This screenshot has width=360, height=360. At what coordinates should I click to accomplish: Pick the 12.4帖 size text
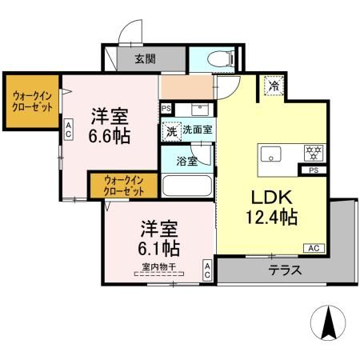[x=271, y=217]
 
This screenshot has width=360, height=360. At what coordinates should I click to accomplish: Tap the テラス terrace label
[x=285, y=270]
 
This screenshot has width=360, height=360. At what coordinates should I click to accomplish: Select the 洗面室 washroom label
[x=197, y=129]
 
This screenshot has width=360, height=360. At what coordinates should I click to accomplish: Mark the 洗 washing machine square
[x=170, y=130]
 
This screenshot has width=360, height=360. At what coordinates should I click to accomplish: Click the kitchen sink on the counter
[x=269, y=153]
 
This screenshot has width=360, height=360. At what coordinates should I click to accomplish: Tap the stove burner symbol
[x=311, y=152]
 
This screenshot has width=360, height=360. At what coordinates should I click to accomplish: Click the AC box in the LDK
[x=314, y=248]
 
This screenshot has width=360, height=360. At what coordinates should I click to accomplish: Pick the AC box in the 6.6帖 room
[x=69, y=129]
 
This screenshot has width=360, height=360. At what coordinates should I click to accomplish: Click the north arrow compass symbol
[x=326, y=323]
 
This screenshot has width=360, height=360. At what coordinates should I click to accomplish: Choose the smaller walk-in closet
[x=125, y=186]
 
